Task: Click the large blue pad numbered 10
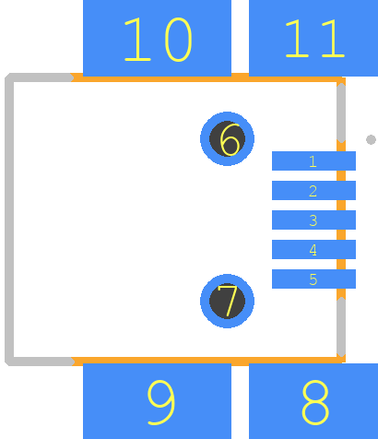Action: [157, 38]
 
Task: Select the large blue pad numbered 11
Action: [313, 38]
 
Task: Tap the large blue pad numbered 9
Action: [157, 401]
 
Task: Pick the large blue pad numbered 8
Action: [313, 401]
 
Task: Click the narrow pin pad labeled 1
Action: [313, 160]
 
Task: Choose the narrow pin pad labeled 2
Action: [313, 190]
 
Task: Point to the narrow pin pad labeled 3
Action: [313, 219]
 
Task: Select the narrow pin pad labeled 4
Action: [313, 249]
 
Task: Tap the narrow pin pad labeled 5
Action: [313, 279]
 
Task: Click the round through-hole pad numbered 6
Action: [227, 138]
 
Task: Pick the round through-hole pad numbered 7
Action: [227, 301]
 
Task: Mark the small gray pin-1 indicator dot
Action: [371, 139]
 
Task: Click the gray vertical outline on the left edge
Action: [9, 219]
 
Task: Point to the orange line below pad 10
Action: [206, 77]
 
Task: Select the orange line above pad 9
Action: [206, 362]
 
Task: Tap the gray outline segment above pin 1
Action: [341, 113]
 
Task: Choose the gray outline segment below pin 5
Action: [341, 326]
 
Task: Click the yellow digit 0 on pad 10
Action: [178, 40]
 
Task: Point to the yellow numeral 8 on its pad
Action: [315, 402]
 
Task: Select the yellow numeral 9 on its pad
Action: [161, 402]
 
